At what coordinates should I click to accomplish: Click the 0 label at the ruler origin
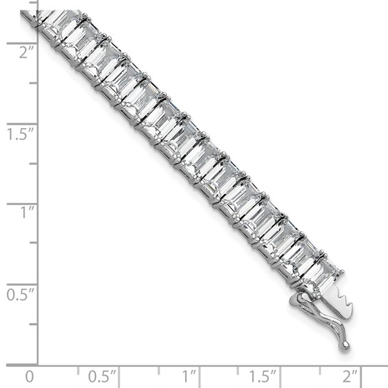click(x=29, y=376)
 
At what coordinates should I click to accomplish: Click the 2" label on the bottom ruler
click(x=350, y=376)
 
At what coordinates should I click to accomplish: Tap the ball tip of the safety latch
click(x=344, y=345)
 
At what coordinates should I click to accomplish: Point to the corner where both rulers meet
click(x=38, y=363)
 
